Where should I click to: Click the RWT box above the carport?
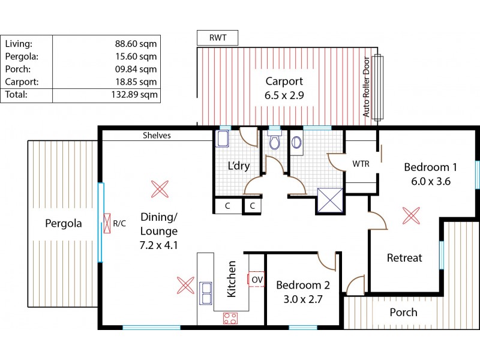click(217, 38)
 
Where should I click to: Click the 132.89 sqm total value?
click(136, 94)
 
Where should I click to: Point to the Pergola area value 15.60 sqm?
click(136, 57)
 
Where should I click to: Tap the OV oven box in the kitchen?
click(257, 279)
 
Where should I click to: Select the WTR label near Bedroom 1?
click(361, 163)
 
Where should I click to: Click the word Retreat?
click(404, 258)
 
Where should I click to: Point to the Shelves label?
click(157, 136)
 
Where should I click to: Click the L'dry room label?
click(238, 166)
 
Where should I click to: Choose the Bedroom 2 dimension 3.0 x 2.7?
click(299, 299)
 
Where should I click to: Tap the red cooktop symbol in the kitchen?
click(230, 318)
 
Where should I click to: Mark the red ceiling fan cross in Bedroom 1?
click(410, 215)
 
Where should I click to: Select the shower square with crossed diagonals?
click(329, 200)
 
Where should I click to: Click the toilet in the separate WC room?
click(275, 142)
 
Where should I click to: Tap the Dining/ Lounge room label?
click(159, 230)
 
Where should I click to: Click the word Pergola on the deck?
click(63, 224)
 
